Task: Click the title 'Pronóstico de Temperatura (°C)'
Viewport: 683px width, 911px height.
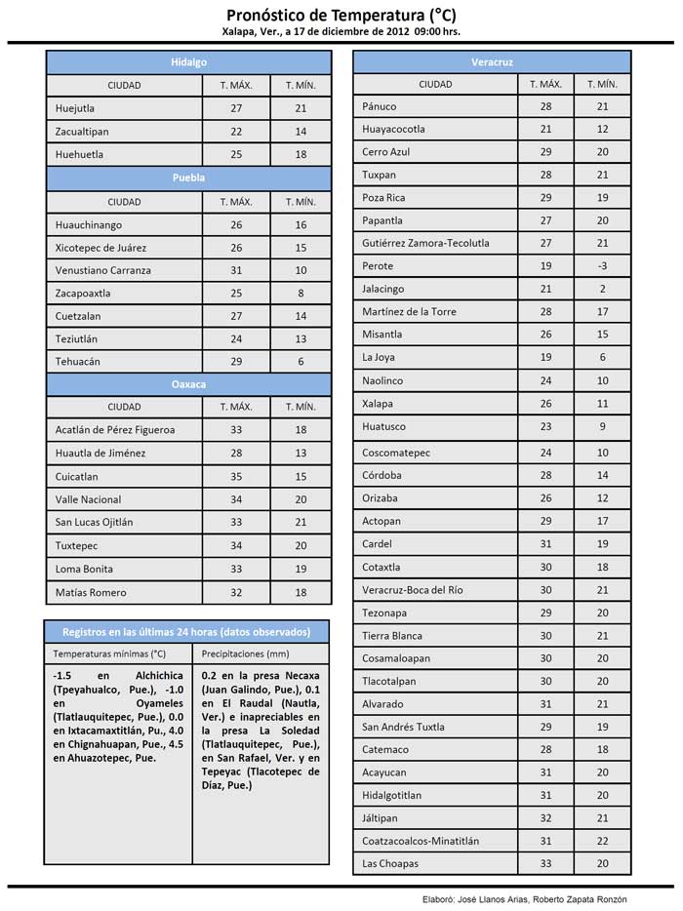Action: [x=341, y=15]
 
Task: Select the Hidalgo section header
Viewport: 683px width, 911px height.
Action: [x=188, y=61]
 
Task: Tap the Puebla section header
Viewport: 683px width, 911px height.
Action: [x=188, y=178]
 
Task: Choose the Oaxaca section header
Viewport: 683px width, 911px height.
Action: [x=188, y=384]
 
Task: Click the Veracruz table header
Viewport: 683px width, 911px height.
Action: [x=491, y=61]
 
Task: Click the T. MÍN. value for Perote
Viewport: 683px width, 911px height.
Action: [x=602, y=266]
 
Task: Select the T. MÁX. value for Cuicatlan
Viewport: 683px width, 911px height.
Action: [x=236, y=477]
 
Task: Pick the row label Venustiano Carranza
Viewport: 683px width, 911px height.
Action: [x=103, y=270]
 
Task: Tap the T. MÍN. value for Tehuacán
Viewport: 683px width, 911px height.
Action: [x=301, y=362]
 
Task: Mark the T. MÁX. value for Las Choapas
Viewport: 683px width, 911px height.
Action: [x=545, y=863]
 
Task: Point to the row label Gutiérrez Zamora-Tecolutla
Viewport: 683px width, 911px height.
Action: [x=425, y=243]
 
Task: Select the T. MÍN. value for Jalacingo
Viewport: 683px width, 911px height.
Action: [x=602, y=289]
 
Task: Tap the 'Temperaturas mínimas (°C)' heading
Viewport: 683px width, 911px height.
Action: [x=109, y=654]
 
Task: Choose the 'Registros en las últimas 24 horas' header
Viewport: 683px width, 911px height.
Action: [x=185, y=631]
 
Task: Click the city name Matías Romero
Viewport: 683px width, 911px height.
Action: [x=91, y=592]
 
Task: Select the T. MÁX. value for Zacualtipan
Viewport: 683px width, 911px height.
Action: [x=236, y=131]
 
